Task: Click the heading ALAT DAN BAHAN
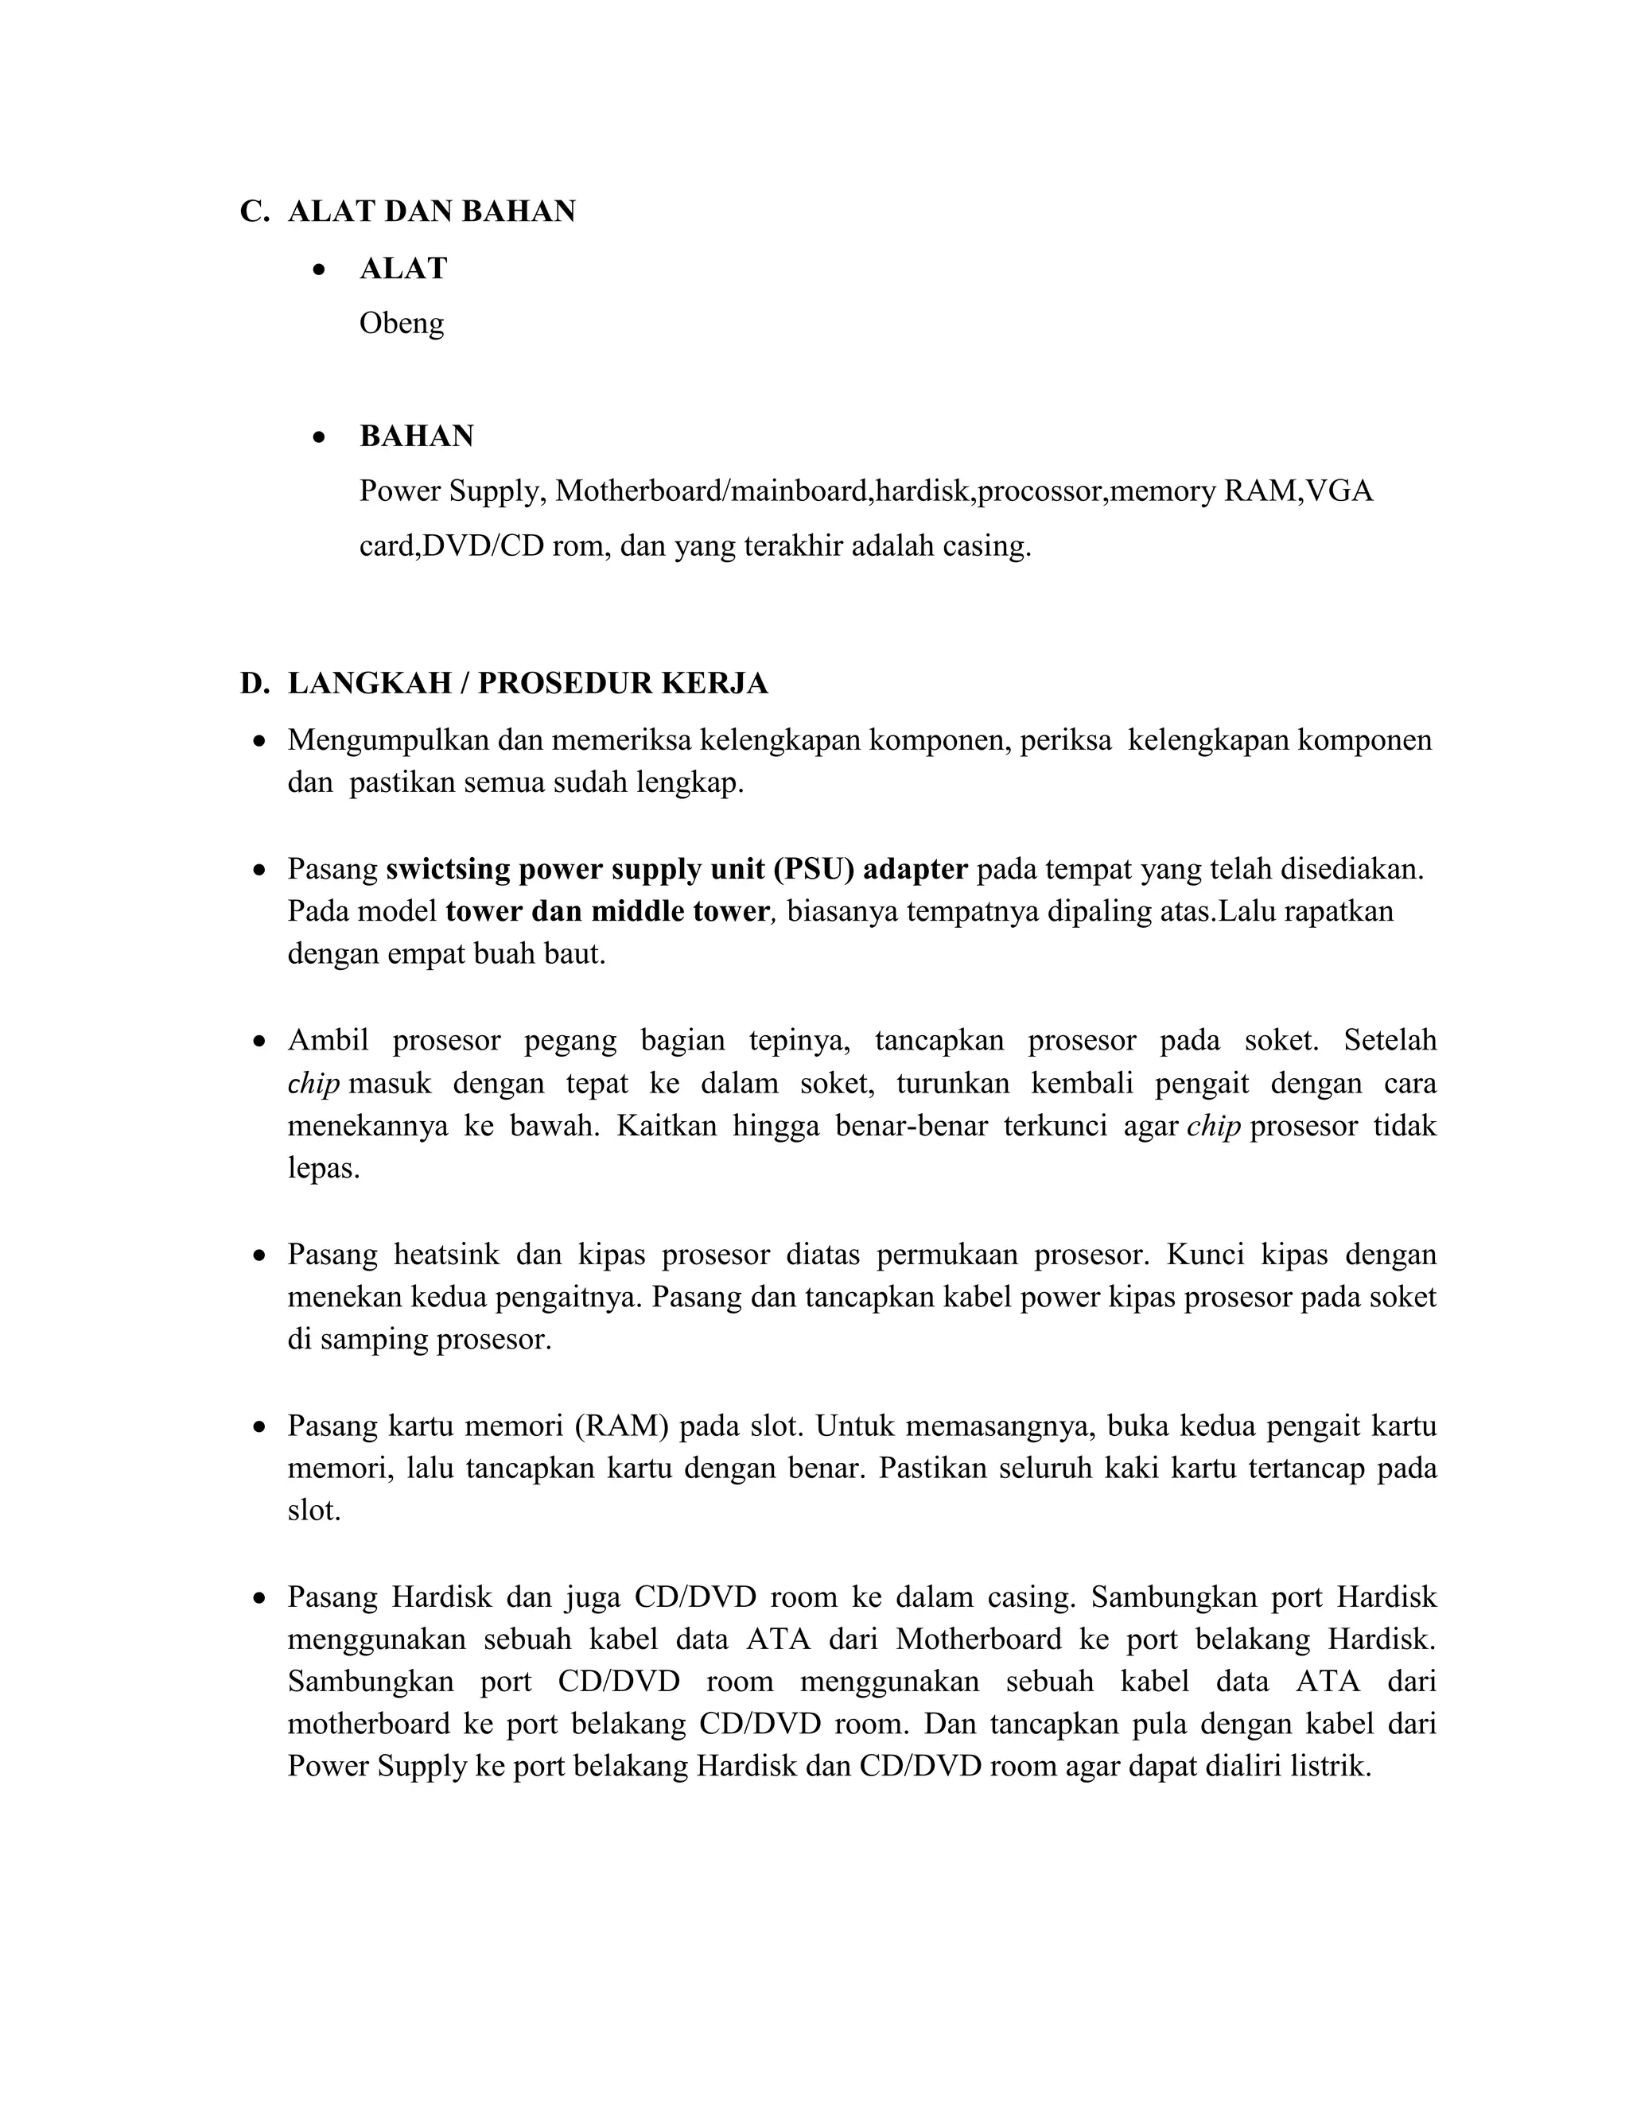431,211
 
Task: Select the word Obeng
402,323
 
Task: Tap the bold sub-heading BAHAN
416,436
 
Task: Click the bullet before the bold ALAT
320,270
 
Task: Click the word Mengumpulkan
388,740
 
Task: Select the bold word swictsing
448,869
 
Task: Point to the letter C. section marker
254,211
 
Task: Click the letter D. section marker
254,683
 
